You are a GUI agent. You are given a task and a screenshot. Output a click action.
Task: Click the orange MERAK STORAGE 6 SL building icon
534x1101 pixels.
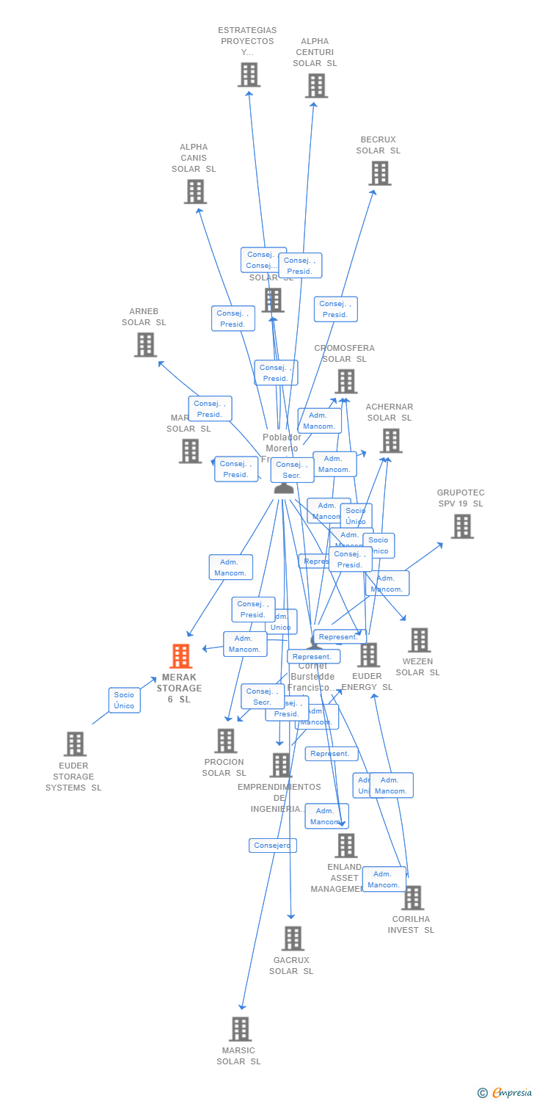180,655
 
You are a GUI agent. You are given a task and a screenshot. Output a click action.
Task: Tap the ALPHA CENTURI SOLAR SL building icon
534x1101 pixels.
316,86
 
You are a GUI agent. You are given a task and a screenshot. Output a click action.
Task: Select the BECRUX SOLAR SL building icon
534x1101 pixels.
379,173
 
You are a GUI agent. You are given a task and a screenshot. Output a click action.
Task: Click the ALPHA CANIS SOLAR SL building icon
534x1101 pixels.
194,192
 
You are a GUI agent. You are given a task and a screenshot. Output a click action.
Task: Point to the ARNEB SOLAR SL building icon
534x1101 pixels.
145,344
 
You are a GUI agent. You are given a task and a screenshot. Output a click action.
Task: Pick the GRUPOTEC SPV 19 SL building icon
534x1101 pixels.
461,526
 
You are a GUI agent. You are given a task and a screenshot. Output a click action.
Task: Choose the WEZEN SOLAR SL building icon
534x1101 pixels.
419,639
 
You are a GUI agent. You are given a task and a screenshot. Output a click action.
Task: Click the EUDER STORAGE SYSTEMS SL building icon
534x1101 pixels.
74,744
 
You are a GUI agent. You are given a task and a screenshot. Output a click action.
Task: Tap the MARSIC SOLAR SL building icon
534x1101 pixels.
240,1029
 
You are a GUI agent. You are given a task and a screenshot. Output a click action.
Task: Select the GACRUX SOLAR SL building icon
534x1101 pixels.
293,938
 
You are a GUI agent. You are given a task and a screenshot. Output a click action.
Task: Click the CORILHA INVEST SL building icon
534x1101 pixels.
412,897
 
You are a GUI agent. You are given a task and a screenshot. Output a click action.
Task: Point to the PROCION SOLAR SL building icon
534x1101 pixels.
225,741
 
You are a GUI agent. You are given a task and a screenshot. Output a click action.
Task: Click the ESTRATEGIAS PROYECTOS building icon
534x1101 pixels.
249,74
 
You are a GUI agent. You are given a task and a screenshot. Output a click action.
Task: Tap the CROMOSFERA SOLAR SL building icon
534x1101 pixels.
346,381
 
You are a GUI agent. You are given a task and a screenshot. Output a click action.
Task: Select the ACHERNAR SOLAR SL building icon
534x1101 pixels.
390,440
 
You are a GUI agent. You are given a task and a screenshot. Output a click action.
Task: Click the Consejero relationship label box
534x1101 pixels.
272,846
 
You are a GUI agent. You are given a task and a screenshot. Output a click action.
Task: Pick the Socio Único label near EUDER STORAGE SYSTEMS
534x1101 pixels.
124,700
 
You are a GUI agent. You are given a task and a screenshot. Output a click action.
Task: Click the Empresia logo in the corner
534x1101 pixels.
505,1093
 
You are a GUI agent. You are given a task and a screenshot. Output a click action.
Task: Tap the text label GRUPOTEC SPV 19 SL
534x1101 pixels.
461,498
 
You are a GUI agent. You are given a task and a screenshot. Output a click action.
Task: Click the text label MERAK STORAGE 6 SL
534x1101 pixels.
179,688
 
